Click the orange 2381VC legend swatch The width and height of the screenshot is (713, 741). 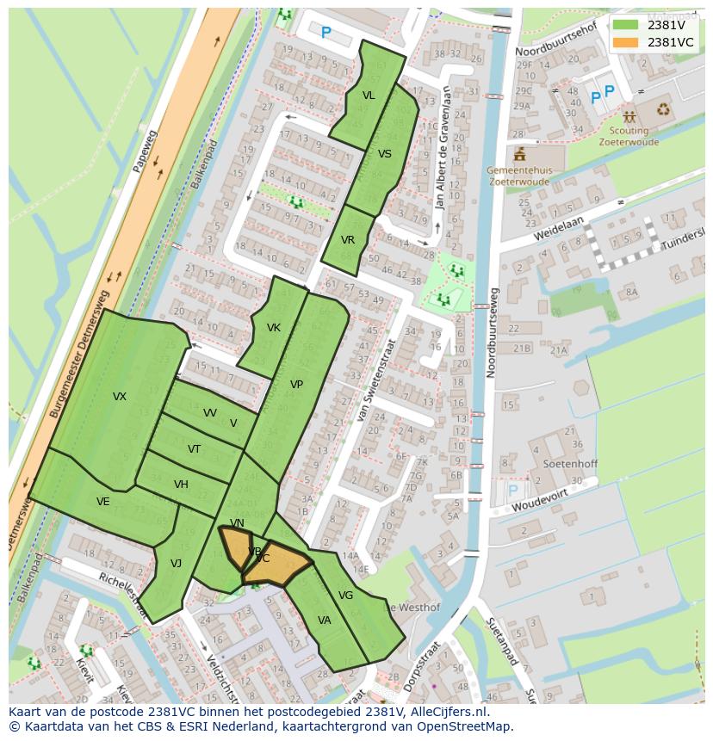pos(626,42)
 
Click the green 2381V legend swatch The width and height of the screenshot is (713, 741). pos(626,25)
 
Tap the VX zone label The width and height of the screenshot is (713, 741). pos(120,397)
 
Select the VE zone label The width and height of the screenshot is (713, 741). pos(103,502)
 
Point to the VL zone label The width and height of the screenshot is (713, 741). pos(369,96)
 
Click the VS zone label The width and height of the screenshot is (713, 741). pos(385,154)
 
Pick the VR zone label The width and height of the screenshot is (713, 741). pos(348,240)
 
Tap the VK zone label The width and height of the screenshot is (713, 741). pos(274,328)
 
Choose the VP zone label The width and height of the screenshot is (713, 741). pos(296,385)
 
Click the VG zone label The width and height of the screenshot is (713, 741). pos(345,596)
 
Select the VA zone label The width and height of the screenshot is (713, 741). pos(325,621)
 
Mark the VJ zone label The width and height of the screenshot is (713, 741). pos(176,564)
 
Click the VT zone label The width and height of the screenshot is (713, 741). pos(195,449)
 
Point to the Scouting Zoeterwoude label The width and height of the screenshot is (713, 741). pos(629,137)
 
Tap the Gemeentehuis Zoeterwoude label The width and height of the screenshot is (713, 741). pos(518,176)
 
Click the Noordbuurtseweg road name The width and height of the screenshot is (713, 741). pos(492,332)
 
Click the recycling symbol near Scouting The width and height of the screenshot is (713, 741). pos(664,109)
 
